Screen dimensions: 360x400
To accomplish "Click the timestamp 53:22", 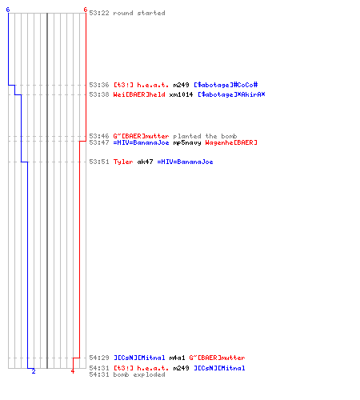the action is pyautogui.click(x=99, y=13).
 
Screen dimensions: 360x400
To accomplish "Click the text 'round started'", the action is pyautogui.click(x=139, y=13).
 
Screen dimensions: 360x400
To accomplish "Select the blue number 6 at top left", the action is pyautogui.click(x=8, y=10).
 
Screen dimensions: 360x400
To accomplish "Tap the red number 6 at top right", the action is pyautogui.click(x=85, y=10).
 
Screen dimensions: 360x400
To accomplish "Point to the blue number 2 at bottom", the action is pyautogui.click(x=34, y=371).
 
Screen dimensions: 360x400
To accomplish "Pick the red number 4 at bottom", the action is pyautogui.click(x=73, y=371).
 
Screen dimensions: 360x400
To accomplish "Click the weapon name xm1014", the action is pyautogui.click(x=181, y=94).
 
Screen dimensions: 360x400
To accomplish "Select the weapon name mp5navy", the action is pyautogui.click(x=187, y=142).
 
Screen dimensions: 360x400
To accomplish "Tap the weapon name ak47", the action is pyautogui.click(x=145, y=162).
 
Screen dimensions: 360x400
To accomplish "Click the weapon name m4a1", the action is pyautogui.click(x=177, y=358).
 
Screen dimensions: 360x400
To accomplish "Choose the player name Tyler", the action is pyautogui.click(x=123, y=162).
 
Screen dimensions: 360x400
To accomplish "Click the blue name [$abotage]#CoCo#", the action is pyautogui.click(x=226, y=85).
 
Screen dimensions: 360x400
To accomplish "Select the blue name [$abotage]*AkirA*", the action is pyautogui.click(x=231, y=94).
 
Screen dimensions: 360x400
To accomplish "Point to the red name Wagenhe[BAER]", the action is pyautogui.click(x=231, y=142).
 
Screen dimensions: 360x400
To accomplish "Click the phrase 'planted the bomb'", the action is pyautogui.click(x=205, y=136).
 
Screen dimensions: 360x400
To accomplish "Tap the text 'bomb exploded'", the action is pyautogui.click(x=139, y=374).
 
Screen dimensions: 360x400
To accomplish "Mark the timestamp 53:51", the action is pyautogui.click(x=99, y=162).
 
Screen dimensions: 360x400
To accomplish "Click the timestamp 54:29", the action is pyautogui.click(x=99, y=358).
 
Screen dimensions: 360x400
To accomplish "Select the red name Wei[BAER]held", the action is pyautogui.click(x=139, y=94).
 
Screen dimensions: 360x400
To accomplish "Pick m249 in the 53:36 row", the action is pyautogui.click(x=181, y=85).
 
